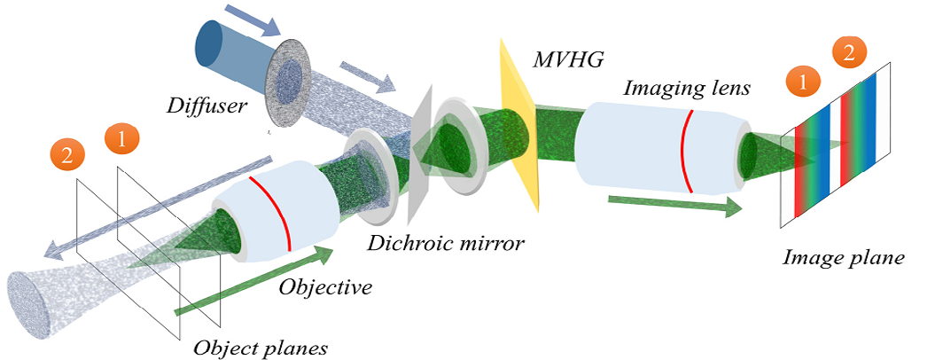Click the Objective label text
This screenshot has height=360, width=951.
[325, 287]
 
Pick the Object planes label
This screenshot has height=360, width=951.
[261, 347]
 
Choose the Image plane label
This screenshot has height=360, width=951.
[843, 258]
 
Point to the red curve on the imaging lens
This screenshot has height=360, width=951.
[687, 151]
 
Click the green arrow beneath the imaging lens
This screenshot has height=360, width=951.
[674, 205]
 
